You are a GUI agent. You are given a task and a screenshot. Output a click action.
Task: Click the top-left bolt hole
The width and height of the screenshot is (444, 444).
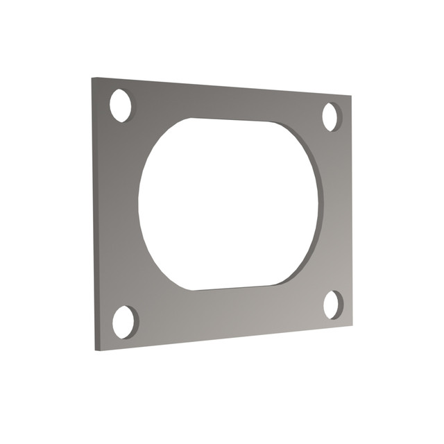pos(121,105)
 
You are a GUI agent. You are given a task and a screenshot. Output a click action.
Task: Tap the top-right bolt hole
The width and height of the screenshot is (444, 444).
pos(332,117)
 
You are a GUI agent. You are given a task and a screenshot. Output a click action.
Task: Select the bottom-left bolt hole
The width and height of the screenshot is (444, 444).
pos(125,322)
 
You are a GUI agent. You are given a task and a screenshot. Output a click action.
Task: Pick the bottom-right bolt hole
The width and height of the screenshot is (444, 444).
pos(333,305)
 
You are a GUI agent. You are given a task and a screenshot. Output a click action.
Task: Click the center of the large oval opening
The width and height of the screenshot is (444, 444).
pos(229,204)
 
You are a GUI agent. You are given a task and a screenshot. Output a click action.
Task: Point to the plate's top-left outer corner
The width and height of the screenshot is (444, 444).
pos(92,78)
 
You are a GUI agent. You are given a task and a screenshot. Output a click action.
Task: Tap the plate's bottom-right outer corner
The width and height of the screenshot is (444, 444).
pos(352,323)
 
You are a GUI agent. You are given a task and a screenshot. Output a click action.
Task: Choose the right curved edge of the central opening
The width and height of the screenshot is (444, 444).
pos(320,205)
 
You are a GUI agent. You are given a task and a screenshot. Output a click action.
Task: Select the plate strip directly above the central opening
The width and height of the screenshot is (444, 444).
pos(229,101)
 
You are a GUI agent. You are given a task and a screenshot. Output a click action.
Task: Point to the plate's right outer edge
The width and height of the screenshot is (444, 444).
pos(351,208)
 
